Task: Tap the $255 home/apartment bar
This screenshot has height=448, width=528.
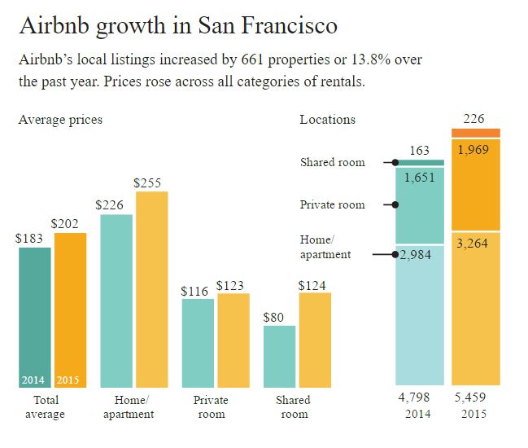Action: (x=151, y=288)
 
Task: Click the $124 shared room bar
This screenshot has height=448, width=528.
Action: (x=315, y=338)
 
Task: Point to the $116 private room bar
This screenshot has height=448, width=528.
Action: (x=198, y=342)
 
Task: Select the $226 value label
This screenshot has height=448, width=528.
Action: (x=109, y=205)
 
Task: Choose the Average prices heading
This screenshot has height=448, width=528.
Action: (x=60, y=120)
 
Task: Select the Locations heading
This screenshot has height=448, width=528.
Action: (x=327, y=120)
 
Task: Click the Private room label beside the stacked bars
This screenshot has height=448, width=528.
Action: (x=332, y=204)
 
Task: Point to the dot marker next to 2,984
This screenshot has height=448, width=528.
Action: (x=396, y=255)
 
